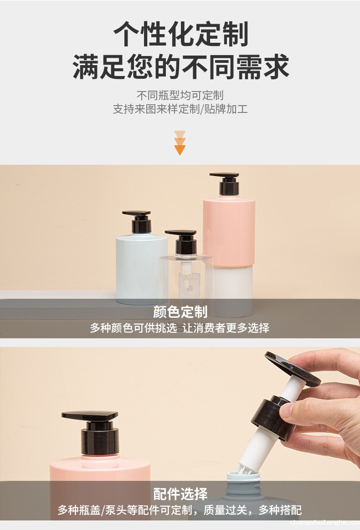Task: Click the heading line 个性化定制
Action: point(180,34)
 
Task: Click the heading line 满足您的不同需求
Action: point(180,66)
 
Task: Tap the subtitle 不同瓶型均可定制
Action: point(180,95)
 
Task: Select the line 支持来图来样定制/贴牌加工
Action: point(180,109)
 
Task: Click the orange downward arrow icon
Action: point(180,143)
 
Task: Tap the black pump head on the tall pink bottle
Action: point(226,184)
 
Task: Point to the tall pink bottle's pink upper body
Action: point(229,230)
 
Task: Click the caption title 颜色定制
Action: point(180,311)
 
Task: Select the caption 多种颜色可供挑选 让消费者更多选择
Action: point(180,327)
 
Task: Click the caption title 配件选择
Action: point(180,494)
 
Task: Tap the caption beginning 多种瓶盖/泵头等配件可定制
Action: point(180,510)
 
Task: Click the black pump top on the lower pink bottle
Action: point(91,416)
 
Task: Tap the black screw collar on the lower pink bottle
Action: point(99,441)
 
